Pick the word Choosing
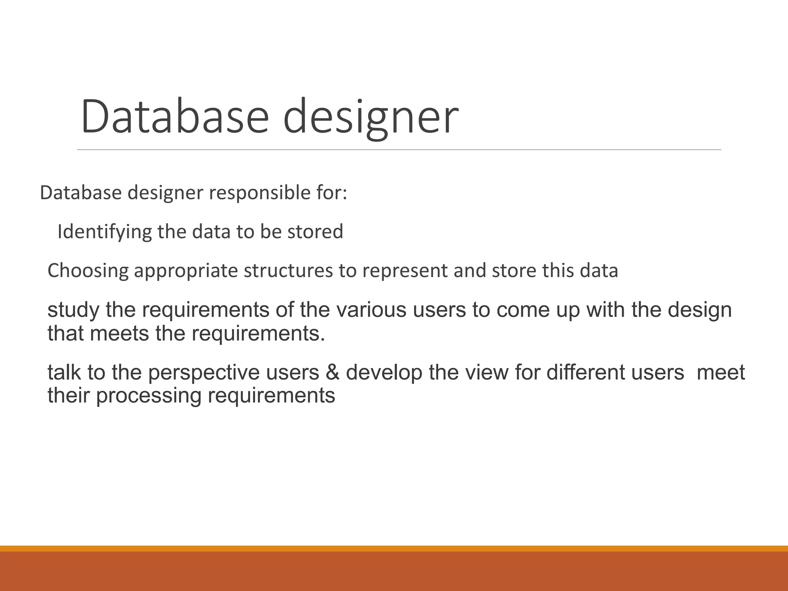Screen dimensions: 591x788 88,270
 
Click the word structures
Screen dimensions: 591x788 288,270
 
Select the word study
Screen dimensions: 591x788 73,310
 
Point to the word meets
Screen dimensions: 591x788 119,333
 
